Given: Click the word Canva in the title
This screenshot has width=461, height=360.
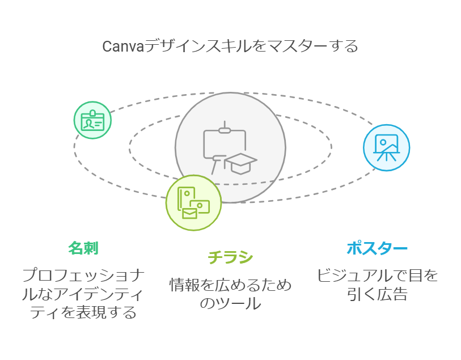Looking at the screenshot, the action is tap(123, 46).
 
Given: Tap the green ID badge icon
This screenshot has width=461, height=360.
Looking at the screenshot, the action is tap(92, 120).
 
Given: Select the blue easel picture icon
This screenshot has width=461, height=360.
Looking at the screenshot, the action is tap(386, 147).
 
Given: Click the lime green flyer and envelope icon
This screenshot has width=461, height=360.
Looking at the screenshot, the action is tap(193, 203).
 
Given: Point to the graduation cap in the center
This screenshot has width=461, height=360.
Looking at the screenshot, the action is tap(241, 163).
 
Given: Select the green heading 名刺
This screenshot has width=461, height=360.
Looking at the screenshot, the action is tap(83, 248).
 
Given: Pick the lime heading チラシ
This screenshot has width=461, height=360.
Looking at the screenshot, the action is tap(230, 257).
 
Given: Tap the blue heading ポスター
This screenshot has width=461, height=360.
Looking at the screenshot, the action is tap(377, 248).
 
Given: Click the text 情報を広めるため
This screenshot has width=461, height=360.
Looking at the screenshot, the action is tap(230, 285).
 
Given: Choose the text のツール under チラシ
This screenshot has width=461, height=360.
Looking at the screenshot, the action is tap(230, 303).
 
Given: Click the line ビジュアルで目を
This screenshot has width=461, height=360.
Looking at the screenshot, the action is tap(377, 276).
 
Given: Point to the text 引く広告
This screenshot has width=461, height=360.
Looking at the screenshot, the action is tap(377, 294).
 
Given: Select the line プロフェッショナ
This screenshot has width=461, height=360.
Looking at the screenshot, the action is tap(83, 276).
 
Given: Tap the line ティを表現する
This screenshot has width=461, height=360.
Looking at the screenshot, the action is tap(83, 312).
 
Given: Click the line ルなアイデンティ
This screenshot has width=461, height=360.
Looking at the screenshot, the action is tap(83, 294).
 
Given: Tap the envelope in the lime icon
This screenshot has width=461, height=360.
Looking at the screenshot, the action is tap(189, 213).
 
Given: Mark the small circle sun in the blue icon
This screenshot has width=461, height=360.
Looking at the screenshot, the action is tap(383, 142).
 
